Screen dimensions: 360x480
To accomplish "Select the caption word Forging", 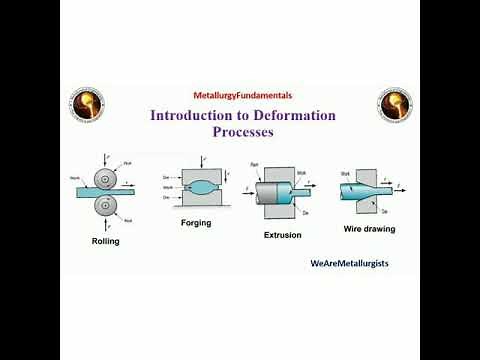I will tap(196, 223).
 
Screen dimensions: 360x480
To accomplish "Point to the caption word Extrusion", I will tap(282, 235).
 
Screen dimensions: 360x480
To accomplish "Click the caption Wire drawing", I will tap(368, 228).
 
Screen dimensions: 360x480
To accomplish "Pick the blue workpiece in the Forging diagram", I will tap(201, 187).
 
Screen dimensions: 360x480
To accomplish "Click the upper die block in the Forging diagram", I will tap(201, 172).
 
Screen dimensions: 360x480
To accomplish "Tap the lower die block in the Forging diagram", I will tap(201, 203).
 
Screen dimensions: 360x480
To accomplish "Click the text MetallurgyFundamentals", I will tap(243, 95).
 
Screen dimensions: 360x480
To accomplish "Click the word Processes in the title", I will tap(242, 131).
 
